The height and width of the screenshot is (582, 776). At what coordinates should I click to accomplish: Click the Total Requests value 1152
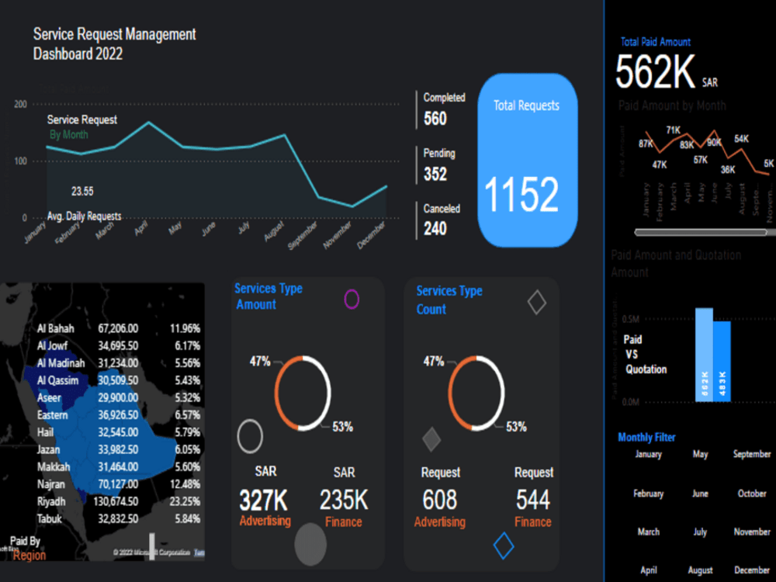coord(522,195)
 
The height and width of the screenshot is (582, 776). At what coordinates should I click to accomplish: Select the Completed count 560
coord(435,119)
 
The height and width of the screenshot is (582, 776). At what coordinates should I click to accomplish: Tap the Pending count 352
coord(435,174)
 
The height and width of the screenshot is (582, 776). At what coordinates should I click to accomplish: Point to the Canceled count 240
coord(435,229)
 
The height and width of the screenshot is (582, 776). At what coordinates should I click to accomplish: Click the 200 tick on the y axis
coord(21,104)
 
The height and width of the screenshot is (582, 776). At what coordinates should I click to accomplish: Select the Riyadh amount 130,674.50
coord(118,501)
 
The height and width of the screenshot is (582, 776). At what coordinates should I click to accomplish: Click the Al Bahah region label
coord(55,328)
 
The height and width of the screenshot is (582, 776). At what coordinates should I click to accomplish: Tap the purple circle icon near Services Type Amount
coord(352,300)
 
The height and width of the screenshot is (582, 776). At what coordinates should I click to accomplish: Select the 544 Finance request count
coord(533,500)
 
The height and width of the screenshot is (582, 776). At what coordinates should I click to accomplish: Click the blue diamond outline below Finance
coord(504,546)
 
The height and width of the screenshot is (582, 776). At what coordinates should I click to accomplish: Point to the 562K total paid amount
coord(656,73)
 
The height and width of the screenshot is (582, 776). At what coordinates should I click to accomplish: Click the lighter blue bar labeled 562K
coord(704,355)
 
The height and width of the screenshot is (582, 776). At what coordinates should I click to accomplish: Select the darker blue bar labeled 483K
coord(722,361)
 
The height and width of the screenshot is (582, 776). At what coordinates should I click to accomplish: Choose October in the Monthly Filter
coord(751,494)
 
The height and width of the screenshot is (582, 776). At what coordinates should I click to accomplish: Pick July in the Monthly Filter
coord(700,532)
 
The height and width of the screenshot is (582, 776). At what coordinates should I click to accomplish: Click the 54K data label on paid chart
coord(741,139)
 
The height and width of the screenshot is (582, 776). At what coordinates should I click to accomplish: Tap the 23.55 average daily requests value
coord(82,191)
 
